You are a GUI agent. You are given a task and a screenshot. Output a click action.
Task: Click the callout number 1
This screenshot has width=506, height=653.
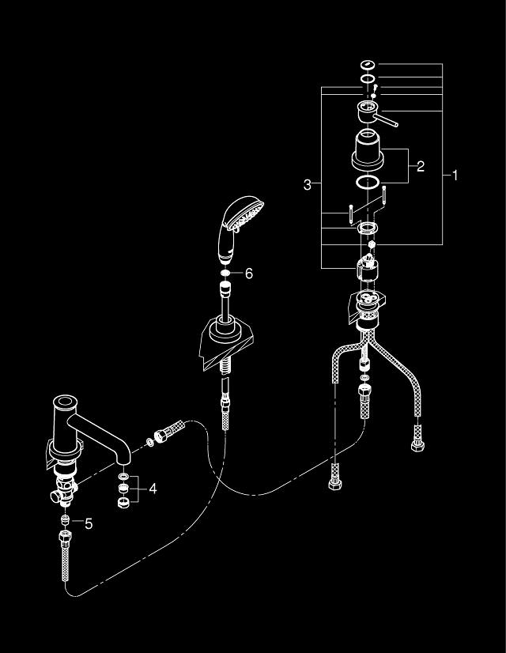click(455, 176)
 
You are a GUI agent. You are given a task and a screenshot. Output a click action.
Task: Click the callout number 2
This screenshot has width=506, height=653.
click(421, 166)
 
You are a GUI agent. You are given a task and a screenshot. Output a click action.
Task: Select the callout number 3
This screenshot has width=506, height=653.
click(308, 185)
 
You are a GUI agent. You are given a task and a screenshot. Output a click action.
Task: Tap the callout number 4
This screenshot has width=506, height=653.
click(152, 489)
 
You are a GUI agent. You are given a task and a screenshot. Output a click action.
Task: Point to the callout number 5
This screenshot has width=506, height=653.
click(89, 523)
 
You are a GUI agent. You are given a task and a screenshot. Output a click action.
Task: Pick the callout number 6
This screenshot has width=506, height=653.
click(248, 273)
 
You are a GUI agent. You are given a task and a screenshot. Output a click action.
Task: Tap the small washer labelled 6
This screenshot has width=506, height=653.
click(226, 273)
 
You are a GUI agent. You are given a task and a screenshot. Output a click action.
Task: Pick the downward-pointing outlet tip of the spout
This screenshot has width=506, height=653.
click(125, 461)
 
